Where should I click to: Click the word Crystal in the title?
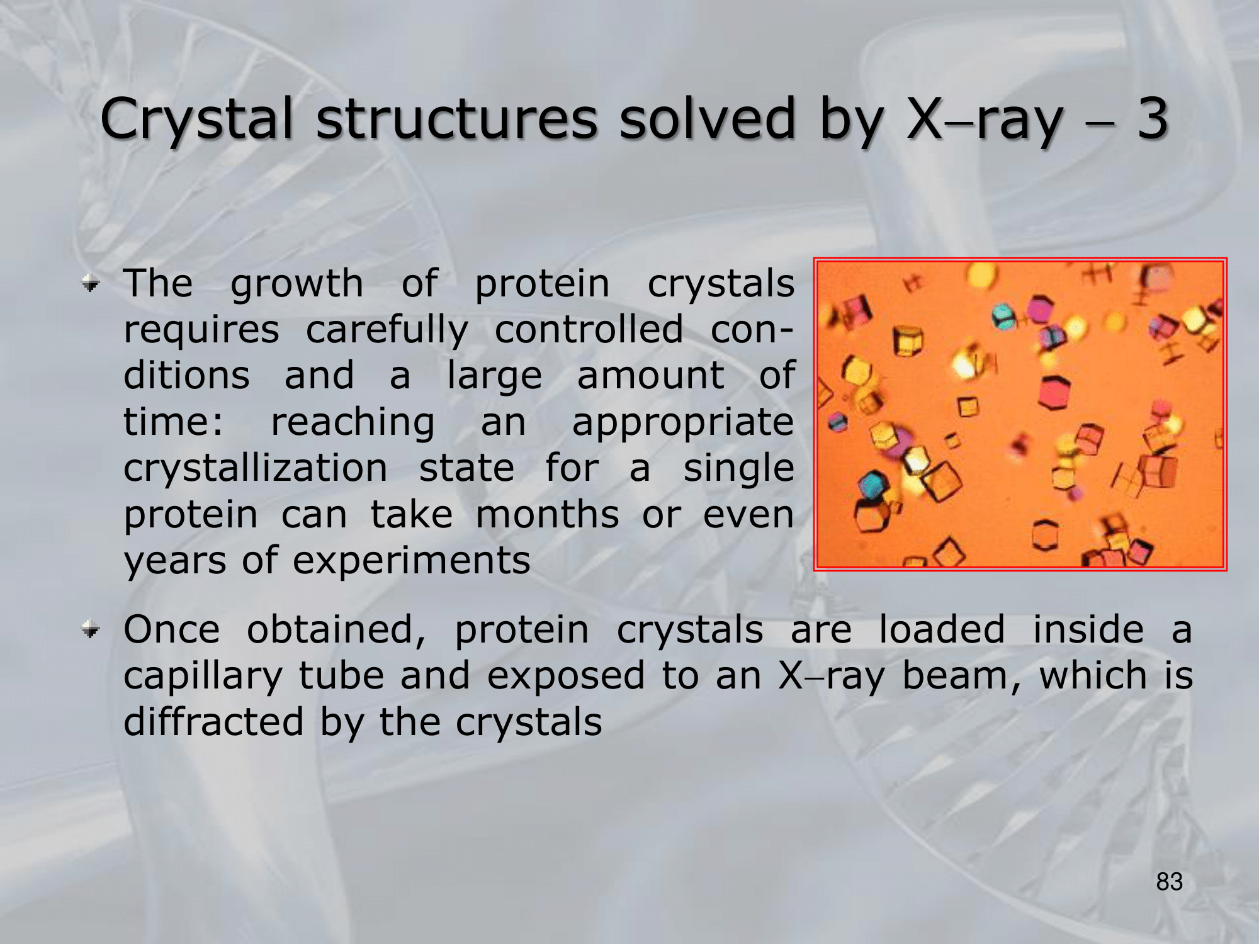point(197,119)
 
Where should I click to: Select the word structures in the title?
point(457,118)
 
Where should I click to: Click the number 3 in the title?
point(1152,118)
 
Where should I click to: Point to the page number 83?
point(1169,882)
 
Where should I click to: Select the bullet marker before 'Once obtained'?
point(91,629)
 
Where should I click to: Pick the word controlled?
point(589,329)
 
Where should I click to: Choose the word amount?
point(650,376)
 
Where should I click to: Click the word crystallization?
point(256,468)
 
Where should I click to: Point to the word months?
point(547,514)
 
